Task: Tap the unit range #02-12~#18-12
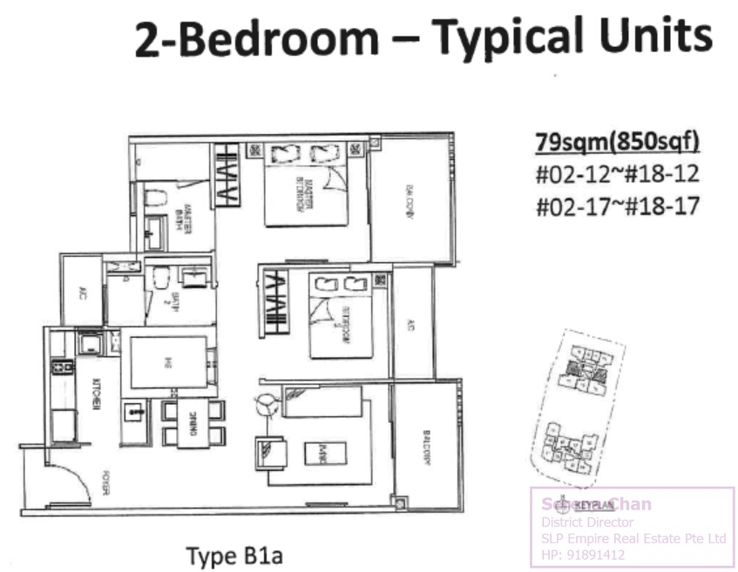(x=617, y=174)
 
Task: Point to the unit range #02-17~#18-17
(x=617, y=205)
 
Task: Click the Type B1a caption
(x=234, y=555)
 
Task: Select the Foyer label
(x=104, y=484)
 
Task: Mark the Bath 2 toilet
(x=160, y=280)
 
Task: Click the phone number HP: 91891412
(x=584, y=555)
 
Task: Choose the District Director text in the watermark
(x=582, y=522)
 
